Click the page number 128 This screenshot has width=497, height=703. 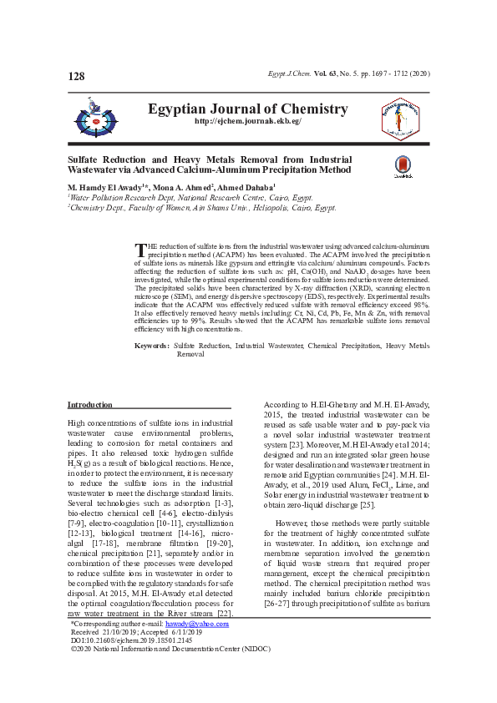point(76,77)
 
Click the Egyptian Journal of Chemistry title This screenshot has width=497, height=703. point(247,109)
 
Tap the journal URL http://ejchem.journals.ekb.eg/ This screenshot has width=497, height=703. point(247,122)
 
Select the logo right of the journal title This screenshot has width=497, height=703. point(400,116)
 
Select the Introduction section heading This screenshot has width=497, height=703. point(90,405)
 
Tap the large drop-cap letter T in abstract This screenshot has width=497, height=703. point(140,251)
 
